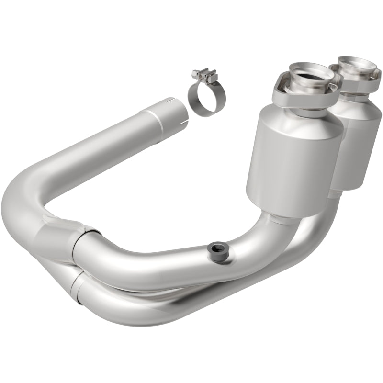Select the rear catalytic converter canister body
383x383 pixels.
point(360,144)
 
